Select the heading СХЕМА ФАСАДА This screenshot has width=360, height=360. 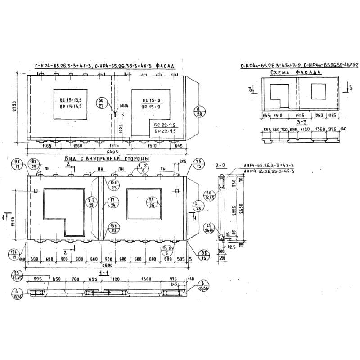(x=295, y=72)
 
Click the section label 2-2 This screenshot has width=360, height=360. (x=220, y=166)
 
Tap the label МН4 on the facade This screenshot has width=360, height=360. (x=124, y=107)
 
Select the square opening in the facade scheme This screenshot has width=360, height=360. (x=319, y=91)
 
